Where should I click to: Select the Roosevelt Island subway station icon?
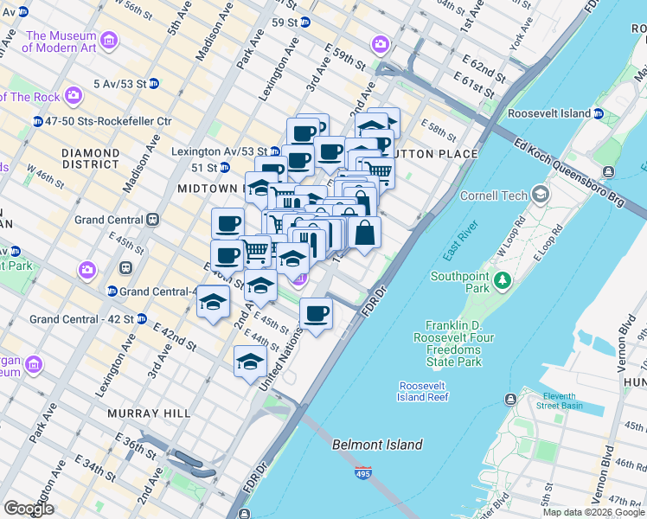coord(599,113)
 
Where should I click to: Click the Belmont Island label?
coord(378,445)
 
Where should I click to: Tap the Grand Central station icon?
coord(152,220)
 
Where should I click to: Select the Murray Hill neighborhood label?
coord(148,413)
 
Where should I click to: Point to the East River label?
coord(461,240)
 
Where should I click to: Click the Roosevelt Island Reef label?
coord(424,391)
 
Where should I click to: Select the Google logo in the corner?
coord(29,509)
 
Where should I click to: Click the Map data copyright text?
coord(593,512)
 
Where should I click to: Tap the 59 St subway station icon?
coord(305,22)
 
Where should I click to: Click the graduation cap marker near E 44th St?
coord(250,361)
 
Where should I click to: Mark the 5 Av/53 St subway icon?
coord(154,83)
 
